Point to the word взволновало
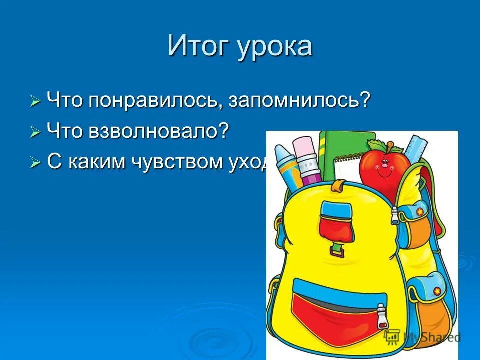click(x=159, y=131)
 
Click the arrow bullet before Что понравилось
click(x=35, y=102)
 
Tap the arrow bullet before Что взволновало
click(x=35, y=133)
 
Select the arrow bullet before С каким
click(x=35, y=163)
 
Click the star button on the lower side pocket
click(x=437, y=291)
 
